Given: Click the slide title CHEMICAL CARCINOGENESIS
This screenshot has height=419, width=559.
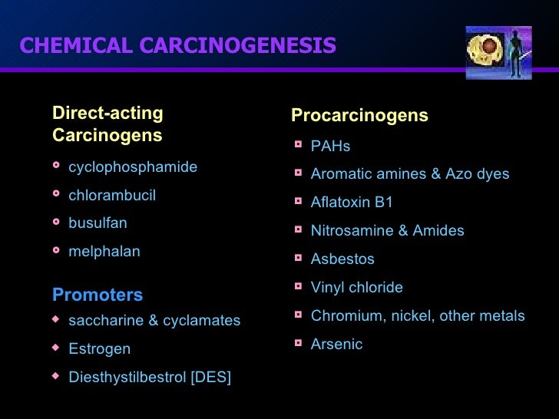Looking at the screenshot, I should (178, 46).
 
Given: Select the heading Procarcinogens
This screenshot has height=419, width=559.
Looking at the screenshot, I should (359, 116).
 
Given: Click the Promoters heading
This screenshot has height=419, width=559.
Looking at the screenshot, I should (98, 295).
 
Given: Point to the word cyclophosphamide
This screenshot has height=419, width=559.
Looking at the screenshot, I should (133, 167).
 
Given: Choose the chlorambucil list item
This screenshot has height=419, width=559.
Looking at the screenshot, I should (112, 196).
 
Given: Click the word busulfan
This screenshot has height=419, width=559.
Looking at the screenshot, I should (98, 223).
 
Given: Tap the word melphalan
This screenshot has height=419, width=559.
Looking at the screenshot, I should (104, 252).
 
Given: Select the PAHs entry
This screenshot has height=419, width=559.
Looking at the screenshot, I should (330, 147).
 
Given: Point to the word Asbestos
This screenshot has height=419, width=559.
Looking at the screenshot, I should (342, 259).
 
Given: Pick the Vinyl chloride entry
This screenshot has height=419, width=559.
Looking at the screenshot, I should (356, 288).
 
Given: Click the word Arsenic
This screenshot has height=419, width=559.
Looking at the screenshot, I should (336, 345).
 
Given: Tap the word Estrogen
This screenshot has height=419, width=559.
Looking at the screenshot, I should (100, 349).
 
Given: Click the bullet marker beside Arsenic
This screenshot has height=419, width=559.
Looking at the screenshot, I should (299, 343).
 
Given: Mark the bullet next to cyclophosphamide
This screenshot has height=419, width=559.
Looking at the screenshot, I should (56, 166).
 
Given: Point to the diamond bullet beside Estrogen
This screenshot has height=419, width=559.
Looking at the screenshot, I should (55, 348).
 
